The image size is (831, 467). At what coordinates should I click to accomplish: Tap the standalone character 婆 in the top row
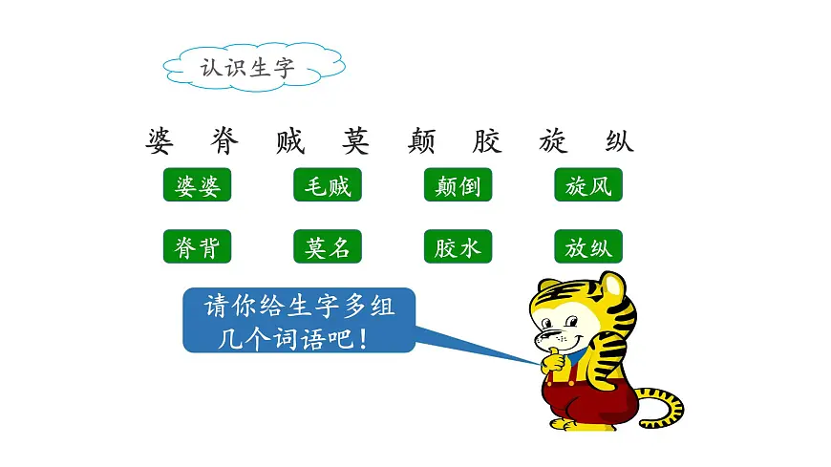tap(160, 142)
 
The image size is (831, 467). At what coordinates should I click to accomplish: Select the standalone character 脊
tap(225, 142)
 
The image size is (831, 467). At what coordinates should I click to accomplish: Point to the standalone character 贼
tap(289, 142)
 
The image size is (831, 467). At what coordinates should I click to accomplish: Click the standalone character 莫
tap(355, 142)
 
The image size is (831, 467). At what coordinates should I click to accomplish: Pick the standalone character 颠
tap(421, 142)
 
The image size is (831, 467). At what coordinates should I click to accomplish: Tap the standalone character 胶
tap(486, 142)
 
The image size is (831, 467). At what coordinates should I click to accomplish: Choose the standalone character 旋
tap(552, 142)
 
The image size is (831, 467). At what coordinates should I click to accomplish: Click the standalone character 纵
tap(618, 142)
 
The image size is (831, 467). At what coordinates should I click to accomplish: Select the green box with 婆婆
tap(198, 185)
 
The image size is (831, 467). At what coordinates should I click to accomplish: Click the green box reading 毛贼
tap(328, 185)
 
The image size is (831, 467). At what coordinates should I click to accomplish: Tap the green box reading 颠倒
tap(458, 185)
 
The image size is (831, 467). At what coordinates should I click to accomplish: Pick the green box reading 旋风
tap(587, 185)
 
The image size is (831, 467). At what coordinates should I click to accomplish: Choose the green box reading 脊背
tap(198, 247)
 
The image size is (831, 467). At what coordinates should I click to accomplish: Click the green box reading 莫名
tap(328, 247)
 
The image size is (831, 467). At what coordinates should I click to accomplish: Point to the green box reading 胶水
tap(458, 247)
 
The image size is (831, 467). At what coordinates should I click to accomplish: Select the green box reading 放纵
tap(587, 247)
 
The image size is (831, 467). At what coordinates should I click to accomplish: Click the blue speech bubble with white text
tap(299, 321)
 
